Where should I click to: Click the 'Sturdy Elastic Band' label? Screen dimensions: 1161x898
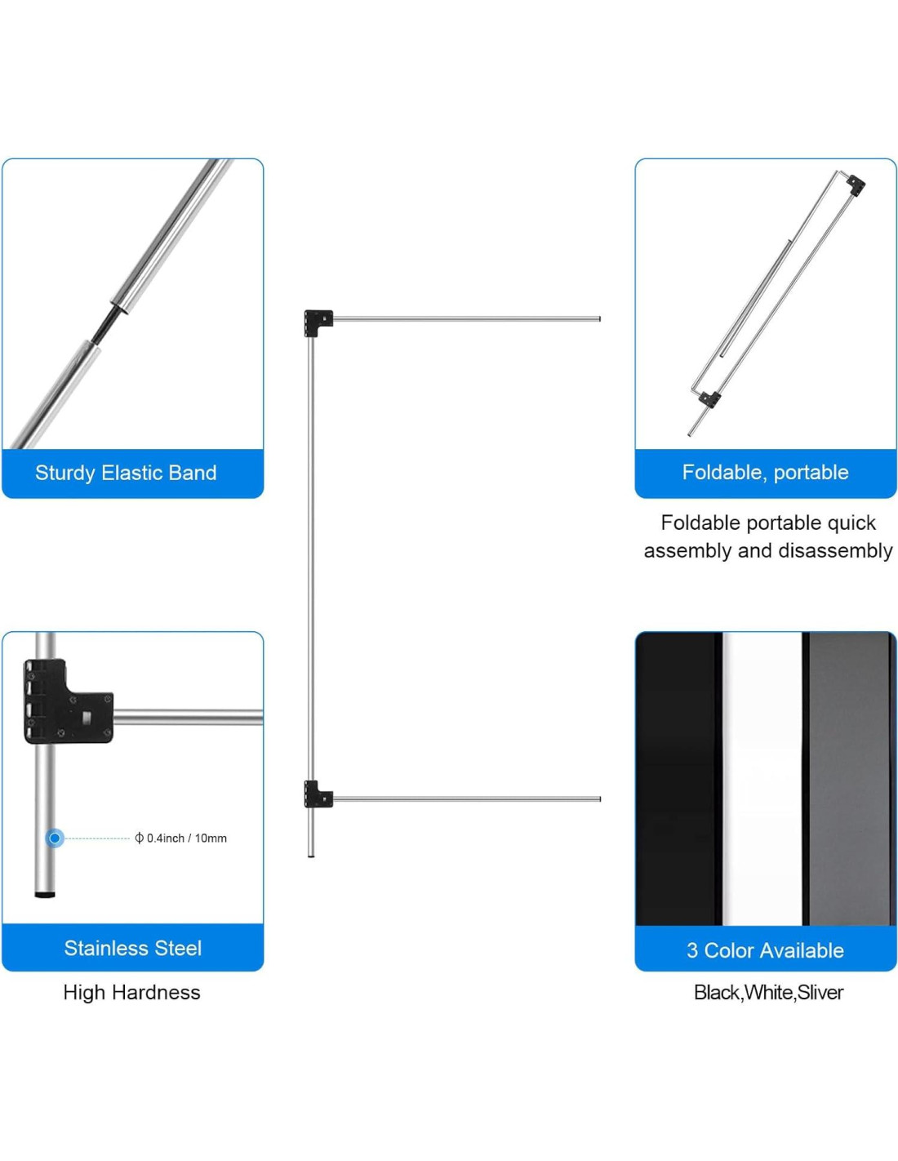[126, 473]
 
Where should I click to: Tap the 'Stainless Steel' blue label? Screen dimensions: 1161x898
[132, 948]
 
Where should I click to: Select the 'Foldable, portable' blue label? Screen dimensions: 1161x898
[765, 472]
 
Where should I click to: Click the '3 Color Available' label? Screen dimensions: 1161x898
[765, 950]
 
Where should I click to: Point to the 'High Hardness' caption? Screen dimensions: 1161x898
[131, 992]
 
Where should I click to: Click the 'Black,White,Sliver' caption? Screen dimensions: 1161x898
[768, 992]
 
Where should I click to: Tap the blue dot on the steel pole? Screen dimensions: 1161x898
[55, 838]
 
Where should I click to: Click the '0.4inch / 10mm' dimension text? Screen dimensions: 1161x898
[186, 838]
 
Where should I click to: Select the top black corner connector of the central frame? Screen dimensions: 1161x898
[318, 322]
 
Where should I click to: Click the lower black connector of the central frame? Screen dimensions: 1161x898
[317, 794]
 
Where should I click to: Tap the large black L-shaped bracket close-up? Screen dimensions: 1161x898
[65, 702]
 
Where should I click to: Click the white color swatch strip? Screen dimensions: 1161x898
[762, 776]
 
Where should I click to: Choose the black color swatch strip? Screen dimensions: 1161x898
[678, 776]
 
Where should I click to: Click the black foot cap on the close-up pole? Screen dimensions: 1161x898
[46, 895]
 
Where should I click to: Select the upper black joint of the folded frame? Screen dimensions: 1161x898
[856, 184]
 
